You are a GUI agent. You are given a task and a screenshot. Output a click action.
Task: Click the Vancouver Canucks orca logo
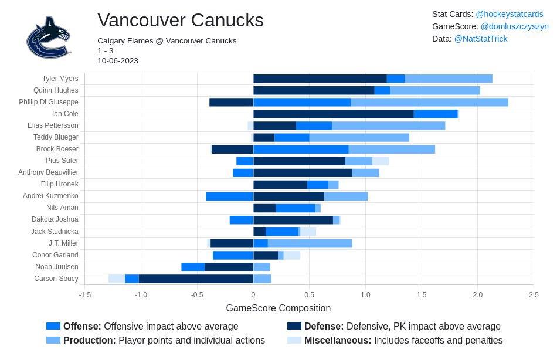point(48,37)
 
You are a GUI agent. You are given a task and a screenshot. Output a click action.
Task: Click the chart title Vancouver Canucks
point(180,21)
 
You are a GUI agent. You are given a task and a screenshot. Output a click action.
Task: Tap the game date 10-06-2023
point(118,60)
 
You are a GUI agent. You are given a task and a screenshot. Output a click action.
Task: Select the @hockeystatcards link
point(509,14)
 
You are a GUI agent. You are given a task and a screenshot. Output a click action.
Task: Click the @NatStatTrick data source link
point(481,39)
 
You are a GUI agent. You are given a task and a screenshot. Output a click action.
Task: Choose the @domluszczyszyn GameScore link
point(514,26)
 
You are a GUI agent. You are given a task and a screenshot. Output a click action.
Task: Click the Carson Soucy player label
point(56,279)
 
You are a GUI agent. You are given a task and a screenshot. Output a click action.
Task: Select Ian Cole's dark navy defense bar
point(333,114)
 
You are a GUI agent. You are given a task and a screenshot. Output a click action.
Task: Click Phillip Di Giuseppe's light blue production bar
point(429,102)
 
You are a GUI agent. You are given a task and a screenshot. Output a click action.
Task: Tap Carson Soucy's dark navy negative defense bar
point(196,279)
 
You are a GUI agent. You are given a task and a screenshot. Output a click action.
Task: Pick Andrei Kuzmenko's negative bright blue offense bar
point(229,196)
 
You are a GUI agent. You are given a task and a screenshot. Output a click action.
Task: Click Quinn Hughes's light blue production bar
point(435,90)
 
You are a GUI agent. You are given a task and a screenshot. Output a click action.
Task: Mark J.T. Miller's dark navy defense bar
point(232,243)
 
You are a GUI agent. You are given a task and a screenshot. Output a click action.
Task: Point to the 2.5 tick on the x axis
point(534,295)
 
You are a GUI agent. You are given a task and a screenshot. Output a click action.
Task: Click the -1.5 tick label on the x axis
point(84,295)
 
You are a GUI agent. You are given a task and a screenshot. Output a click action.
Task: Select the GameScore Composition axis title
point(278,308)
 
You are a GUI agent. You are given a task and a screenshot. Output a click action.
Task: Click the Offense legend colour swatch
point(53,326)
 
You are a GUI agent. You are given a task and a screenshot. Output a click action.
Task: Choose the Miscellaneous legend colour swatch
point(294,340)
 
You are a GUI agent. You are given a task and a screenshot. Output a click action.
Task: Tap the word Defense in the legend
point(324,326)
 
